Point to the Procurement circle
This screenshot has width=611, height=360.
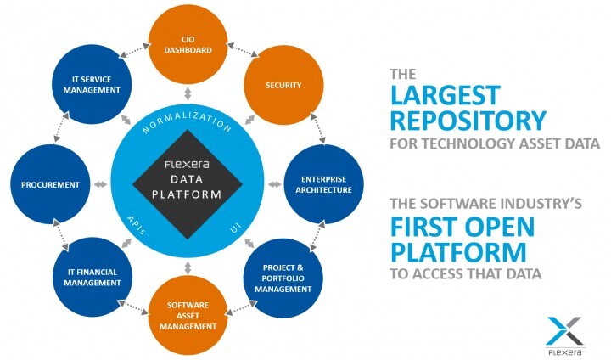tap(51, 183)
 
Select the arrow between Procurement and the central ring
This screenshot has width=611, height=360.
tap(100, 183)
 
